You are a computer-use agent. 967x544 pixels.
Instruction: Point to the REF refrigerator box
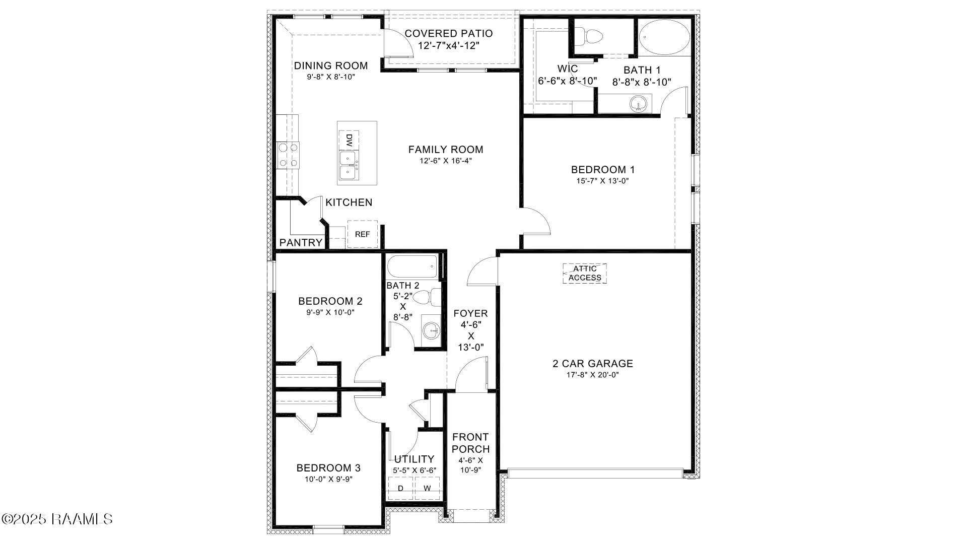click(x=362, y=234)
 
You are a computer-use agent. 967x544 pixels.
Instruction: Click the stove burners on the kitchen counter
click(x=288, y=156)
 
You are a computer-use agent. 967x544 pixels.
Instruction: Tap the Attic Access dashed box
click(x=585, y=274)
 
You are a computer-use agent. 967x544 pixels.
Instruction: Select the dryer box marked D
click(x=401, y=488)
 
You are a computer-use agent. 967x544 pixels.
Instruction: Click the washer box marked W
click(x=427, y=488)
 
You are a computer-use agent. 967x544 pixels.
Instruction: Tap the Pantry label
click(x=301, y=243)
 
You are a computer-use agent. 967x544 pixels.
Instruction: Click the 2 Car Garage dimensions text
click(x=592, y=375)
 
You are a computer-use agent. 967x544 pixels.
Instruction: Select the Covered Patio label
click(x=449, y=34)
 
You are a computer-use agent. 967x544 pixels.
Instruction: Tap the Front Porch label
click(x=470, y=443)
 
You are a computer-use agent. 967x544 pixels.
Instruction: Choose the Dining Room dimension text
click(x=331, y=77)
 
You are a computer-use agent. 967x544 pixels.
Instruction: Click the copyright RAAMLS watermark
click(x=57, y=519)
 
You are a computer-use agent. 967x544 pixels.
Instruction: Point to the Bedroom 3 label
click(x=328, y=468)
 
